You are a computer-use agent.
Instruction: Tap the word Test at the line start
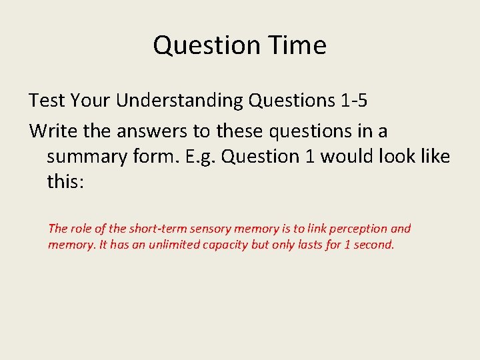click(47, 100)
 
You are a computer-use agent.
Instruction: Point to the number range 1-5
click(352, 100)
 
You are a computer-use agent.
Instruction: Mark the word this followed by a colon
click(65, 181)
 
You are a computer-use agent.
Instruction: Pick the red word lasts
click(309, 245)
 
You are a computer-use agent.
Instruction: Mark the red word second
click(373, 245)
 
